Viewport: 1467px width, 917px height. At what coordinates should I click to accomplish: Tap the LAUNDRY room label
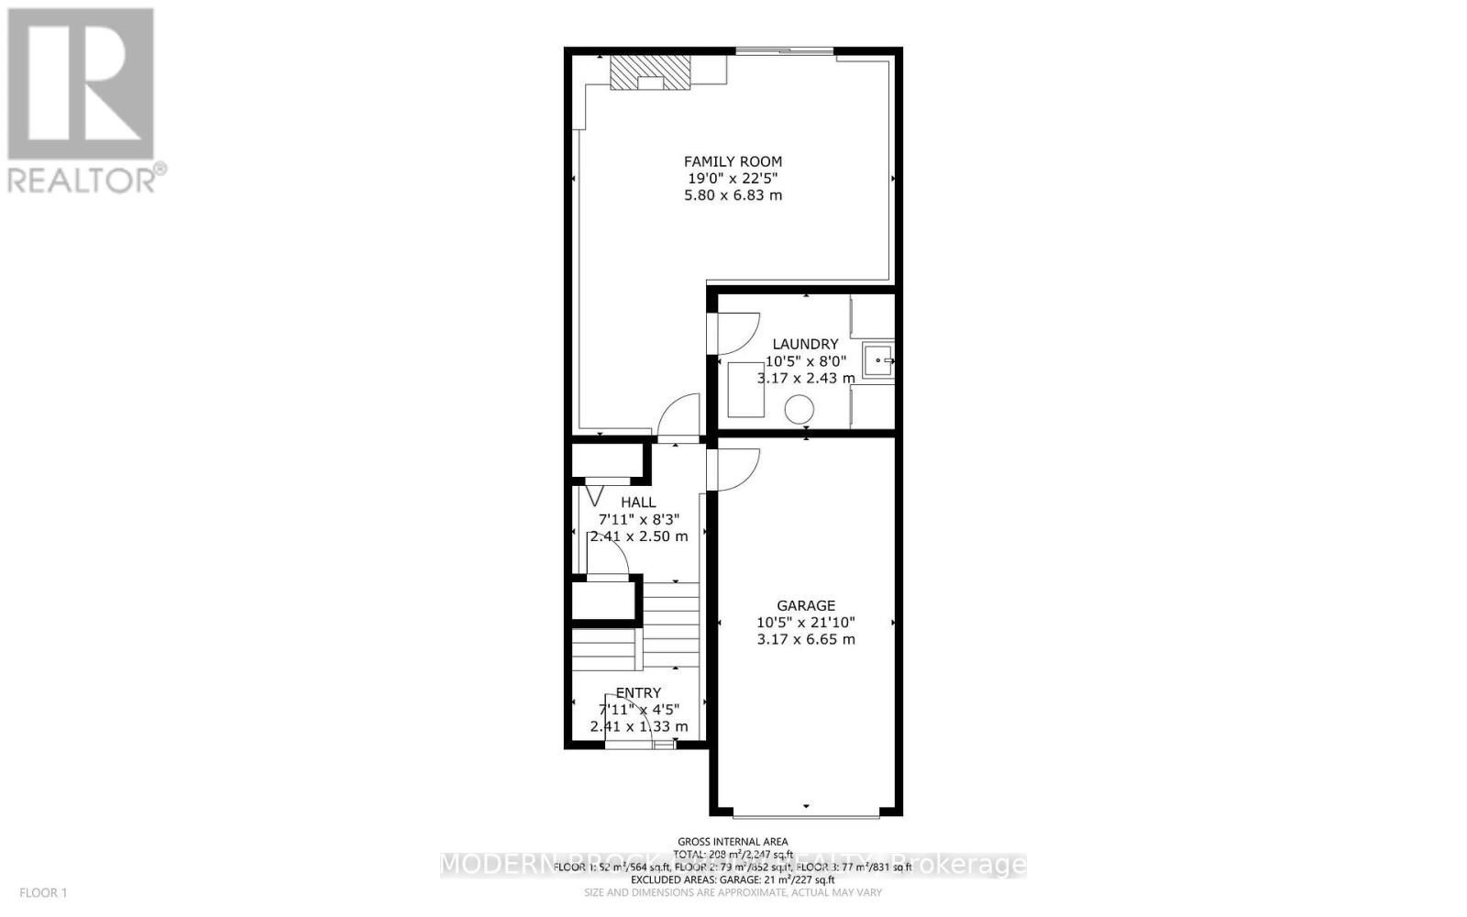pos(805,345)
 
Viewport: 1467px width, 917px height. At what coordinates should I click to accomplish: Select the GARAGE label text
pos(806,605)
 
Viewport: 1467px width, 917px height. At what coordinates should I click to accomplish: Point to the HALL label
pos(638,503)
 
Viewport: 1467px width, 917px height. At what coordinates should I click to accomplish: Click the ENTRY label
pos(638,693)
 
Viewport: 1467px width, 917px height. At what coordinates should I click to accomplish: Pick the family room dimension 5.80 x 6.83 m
pos(733,195)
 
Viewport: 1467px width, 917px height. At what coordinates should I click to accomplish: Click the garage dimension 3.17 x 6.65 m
pos(806,639)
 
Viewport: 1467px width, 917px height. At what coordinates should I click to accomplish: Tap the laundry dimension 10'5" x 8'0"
pos(805,361)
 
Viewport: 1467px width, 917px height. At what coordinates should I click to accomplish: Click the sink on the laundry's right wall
pos(877,360)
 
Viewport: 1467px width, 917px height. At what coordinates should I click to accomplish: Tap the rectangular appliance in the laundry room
pos(747,390)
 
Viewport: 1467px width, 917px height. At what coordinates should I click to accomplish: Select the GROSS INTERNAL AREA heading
pos(733,841)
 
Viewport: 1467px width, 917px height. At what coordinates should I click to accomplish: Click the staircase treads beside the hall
pos(669,624)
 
